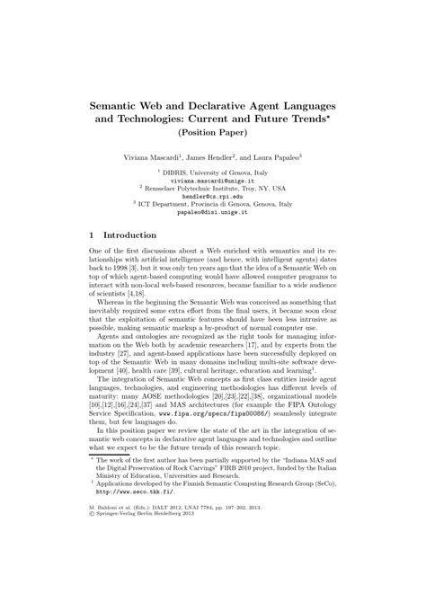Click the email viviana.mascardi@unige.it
point(213,181)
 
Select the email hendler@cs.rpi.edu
point(213,197)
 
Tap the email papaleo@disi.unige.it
point(213,213)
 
